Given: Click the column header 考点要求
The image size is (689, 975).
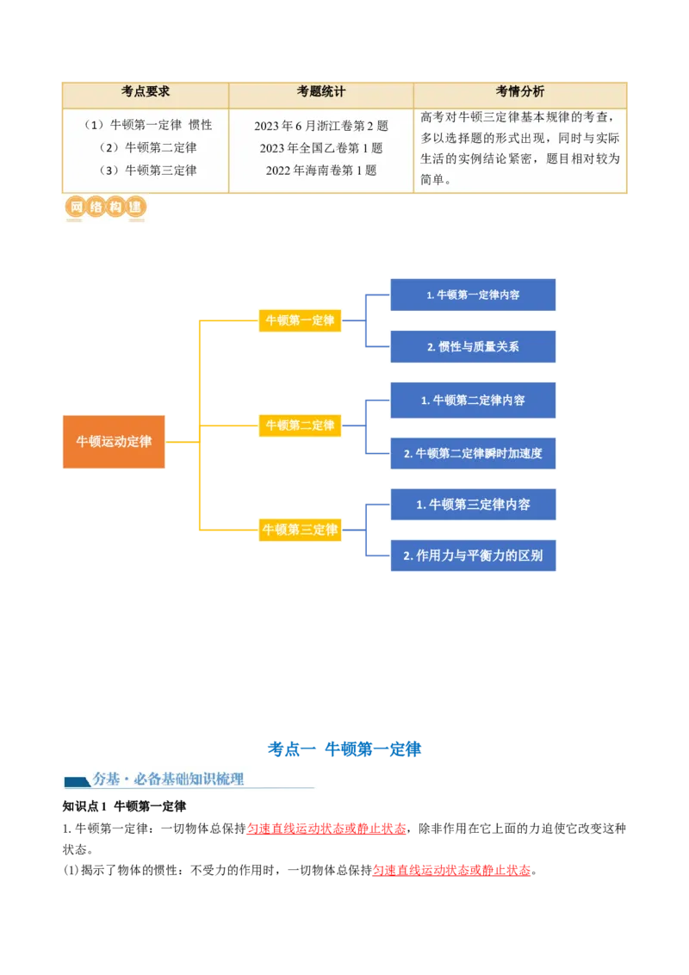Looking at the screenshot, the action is (x=146, y=91).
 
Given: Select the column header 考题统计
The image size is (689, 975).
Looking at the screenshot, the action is (x=321, y=91).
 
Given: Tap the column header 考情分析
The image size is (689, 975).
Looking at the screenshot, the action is (x=520, y=91).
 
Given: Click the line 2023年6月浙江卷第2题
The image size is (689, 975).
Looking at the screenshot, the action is (x=321, y=126).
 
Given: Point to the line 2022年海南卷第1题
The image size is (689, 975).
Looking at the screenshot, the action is (x=321, y=171).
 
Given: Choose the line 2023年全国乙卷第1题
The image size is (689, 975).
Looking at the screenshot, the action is (x=321, y=148).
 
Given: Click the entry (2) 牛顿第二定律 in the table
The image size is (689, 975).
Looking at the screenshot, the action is (x=148, y=147).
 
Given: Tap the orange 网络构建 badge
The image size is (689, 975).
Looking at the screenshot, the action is (x=105, y=207).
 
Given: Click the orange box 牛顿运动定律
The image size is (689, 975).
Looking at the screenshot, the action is (x=114, y=442).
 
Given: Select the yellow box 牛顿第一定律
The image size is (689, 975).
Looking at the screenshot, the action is (x=300, y=320).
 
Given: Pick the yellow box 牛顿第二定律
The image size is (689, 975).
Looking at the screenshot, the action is (x=300, y=425).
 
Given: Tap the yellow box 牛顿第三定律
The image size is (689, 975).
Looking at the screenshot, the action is (x=300, y=530).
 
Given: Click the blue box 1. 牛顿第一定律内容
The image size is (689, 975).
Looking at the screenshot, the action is (x=473, y=295).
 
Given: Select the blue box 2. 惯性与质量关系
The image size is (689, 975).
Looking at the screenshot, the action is (x=473, y=346).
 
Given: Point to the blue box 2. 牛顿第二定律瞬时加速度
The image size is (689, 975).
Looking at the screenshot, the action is (x=473, y=453).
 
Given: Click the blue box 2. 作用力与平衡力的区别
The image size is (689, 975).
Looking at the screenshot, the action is (x=473, y=556).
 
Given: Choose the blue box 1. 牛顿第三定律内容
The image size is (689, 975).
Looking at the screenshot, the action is (x=473, y=504).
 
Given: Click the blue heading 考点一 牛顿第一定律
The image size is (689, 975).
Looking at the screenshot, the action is (x=344, y=749).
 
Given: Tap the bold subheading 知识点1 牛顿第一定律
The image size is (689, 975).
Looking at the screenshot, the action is (x=124, y=806).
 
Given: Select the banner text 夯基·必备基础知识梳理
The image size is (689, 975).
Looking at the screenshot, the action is (x=168, y=779).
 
